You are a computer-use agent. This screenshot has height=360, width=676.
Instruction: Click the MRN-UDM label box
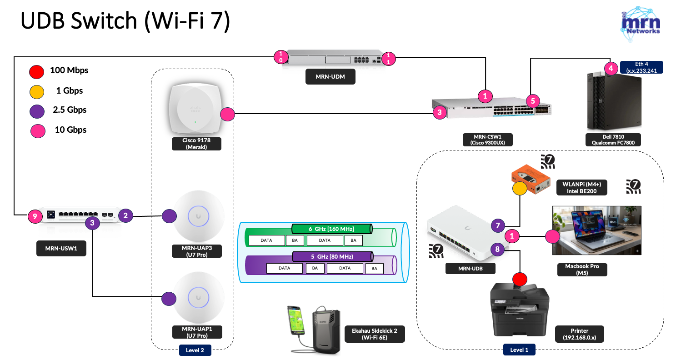click(330, 77)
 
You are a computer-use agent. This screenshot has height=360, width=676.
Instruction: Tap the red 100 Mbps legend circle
click(36, 71)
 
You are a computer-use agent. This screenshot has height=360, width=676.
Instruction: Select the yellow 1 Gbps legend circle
click(36, 91)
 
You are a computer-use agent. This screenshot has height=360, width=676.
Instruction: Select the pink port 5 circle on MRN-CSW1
click(533, 100)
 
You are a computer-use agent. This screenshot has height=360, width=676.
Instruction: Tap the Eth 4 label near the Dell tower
click(644, 67)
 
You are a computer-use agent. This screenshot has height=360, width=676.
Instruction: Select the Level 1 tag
click(519, 350)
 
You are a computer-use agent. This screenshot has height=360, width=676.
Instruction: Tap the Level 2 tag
click(195, 350)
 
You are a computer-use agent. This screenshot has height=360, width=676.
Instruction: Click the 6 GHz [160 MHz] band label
click(331, 228)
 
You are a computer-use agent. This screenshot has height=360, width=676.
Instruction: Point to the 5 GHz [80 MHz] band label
click(331, 256)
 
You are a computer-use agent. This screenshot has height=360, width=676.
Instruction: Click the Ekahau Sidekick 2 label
click(371, 334)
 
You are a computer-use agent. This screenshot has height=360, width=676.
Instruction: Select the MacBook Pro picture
click(596, 230)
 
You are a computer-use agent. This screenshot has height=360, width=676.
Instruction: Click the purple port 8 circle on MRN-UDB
click(497, 249)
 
